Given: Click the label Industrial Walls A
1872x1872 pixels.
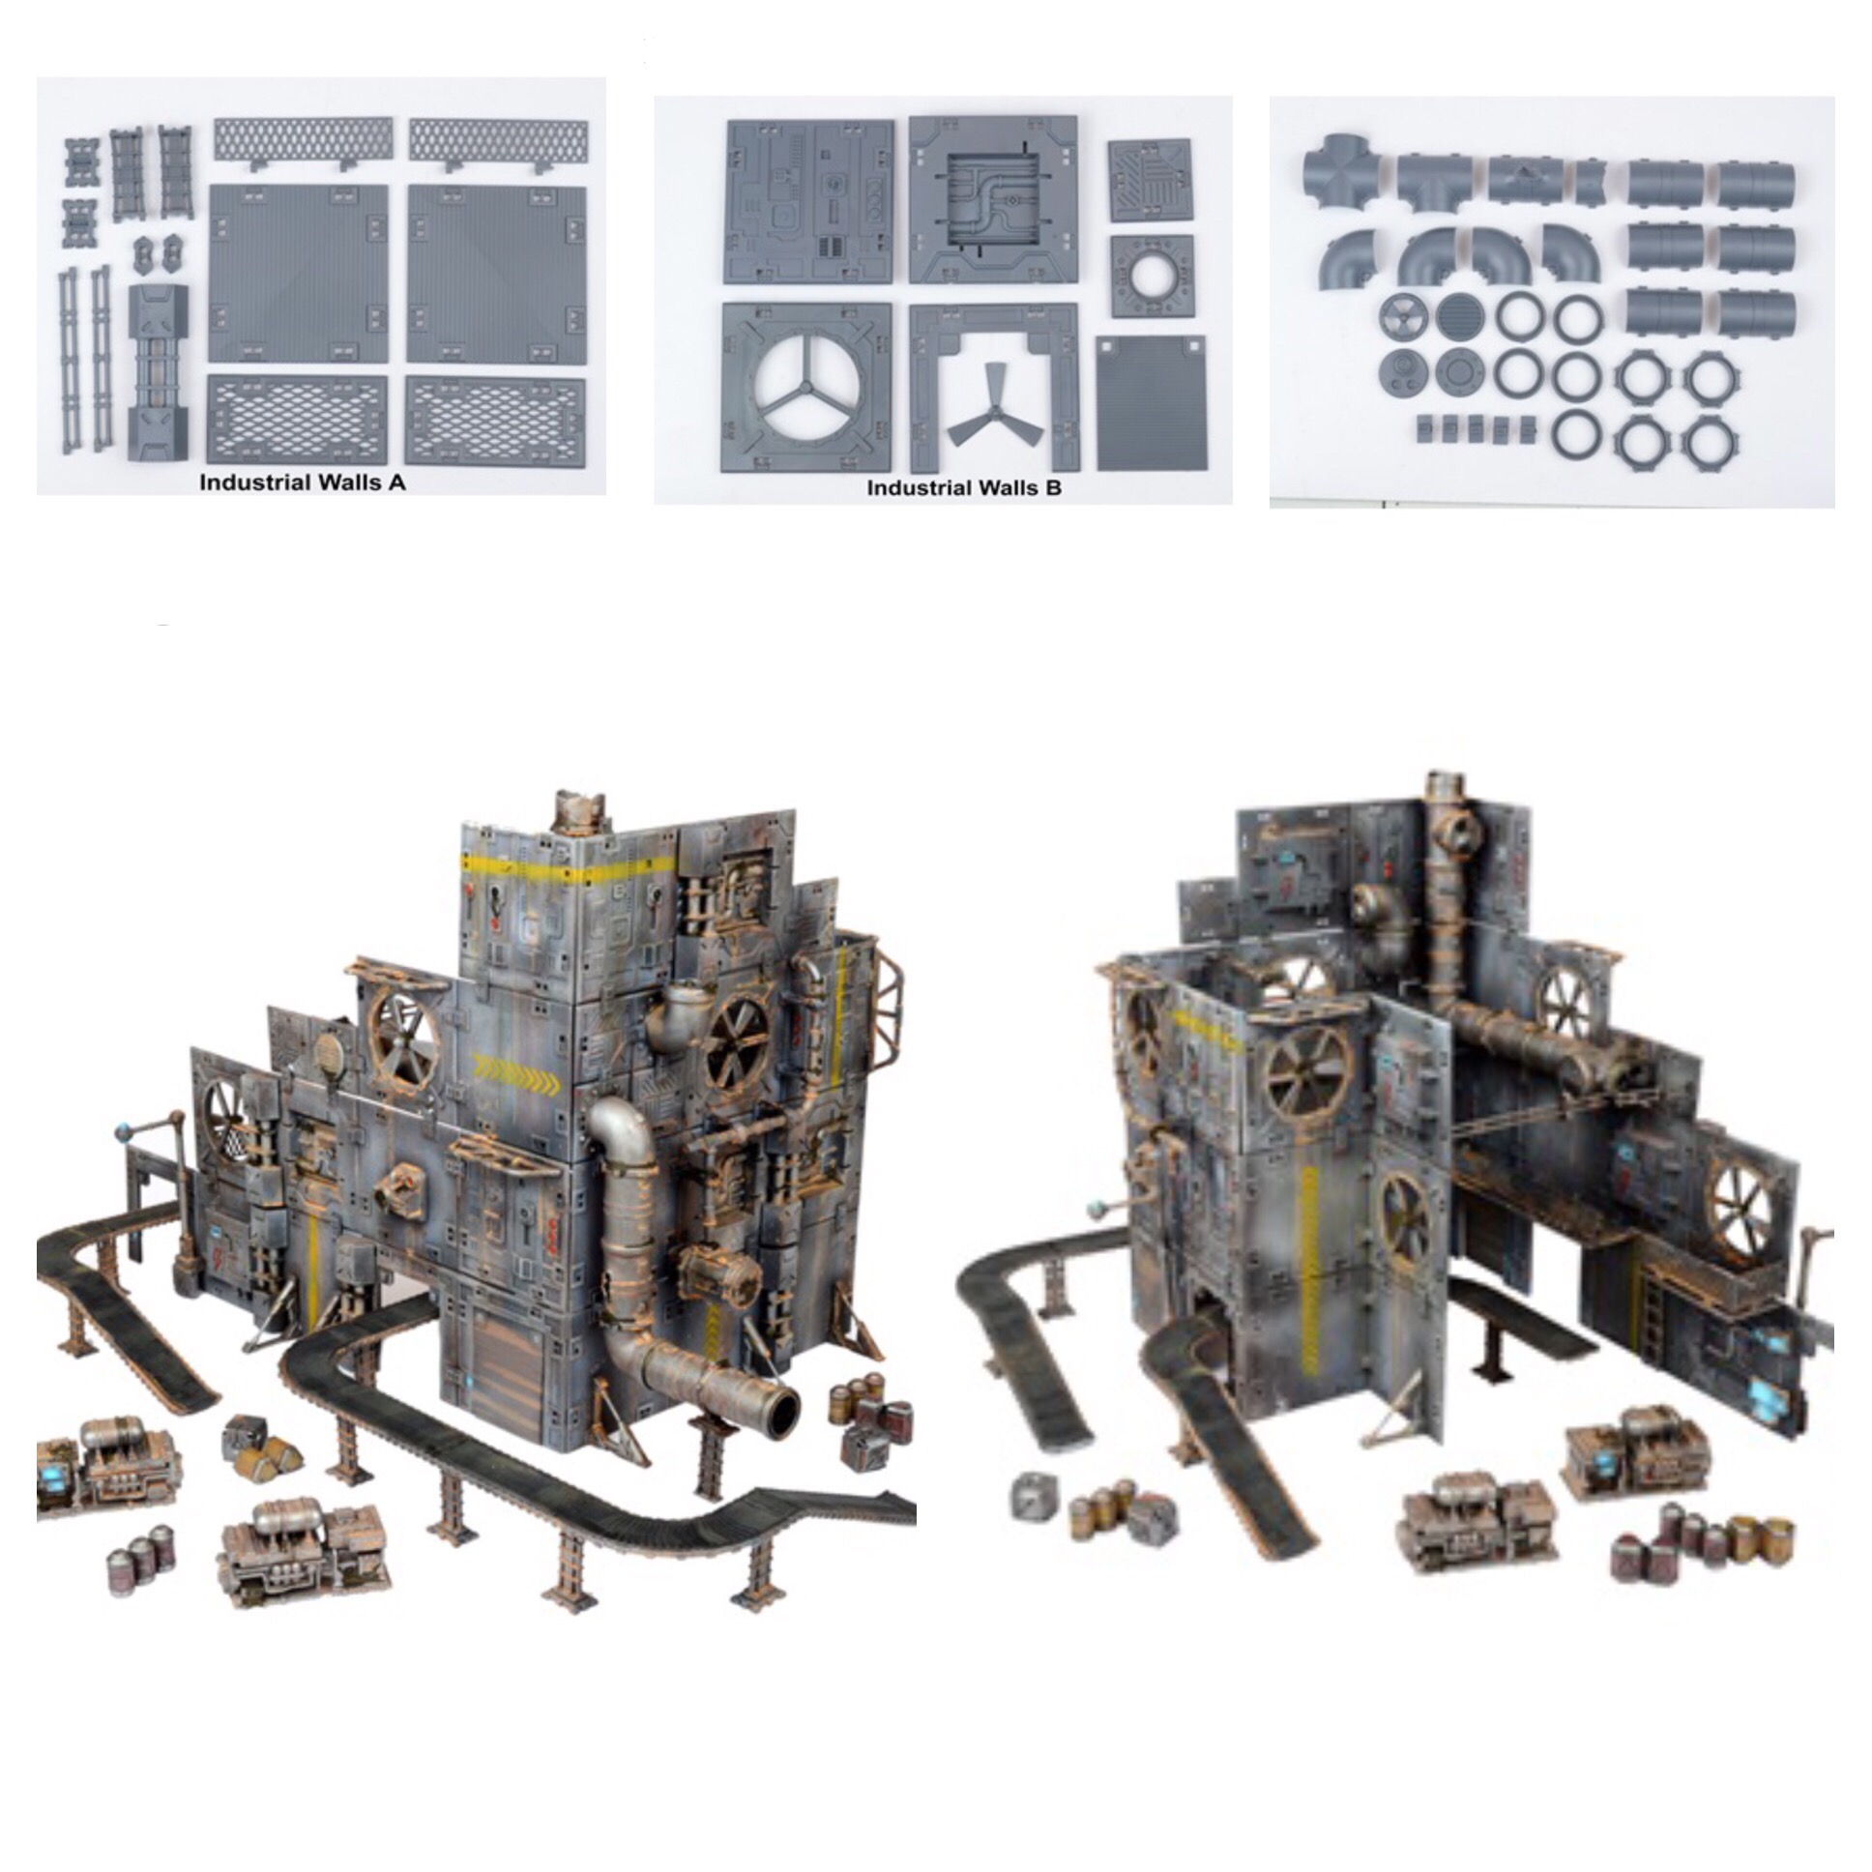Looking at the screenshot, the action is pos(303,483).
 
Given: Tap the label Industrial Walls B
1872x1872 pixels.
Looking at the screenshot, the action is pos(964,487).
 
